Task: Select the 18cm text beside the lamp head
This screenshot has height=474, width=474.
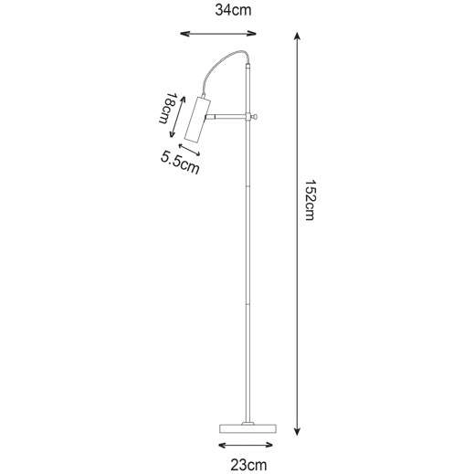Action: pos(166,111)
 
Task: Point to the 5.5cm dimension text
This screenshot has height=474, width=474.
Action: pos(179,163)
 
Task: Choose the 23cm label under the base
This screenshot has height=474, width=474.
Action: pos(247,465)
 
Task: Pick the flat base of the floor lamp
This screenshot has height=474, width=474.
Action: pos(247,428)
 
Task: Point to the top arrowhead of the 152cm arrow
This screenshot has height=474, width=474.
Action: pos(298,34)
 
